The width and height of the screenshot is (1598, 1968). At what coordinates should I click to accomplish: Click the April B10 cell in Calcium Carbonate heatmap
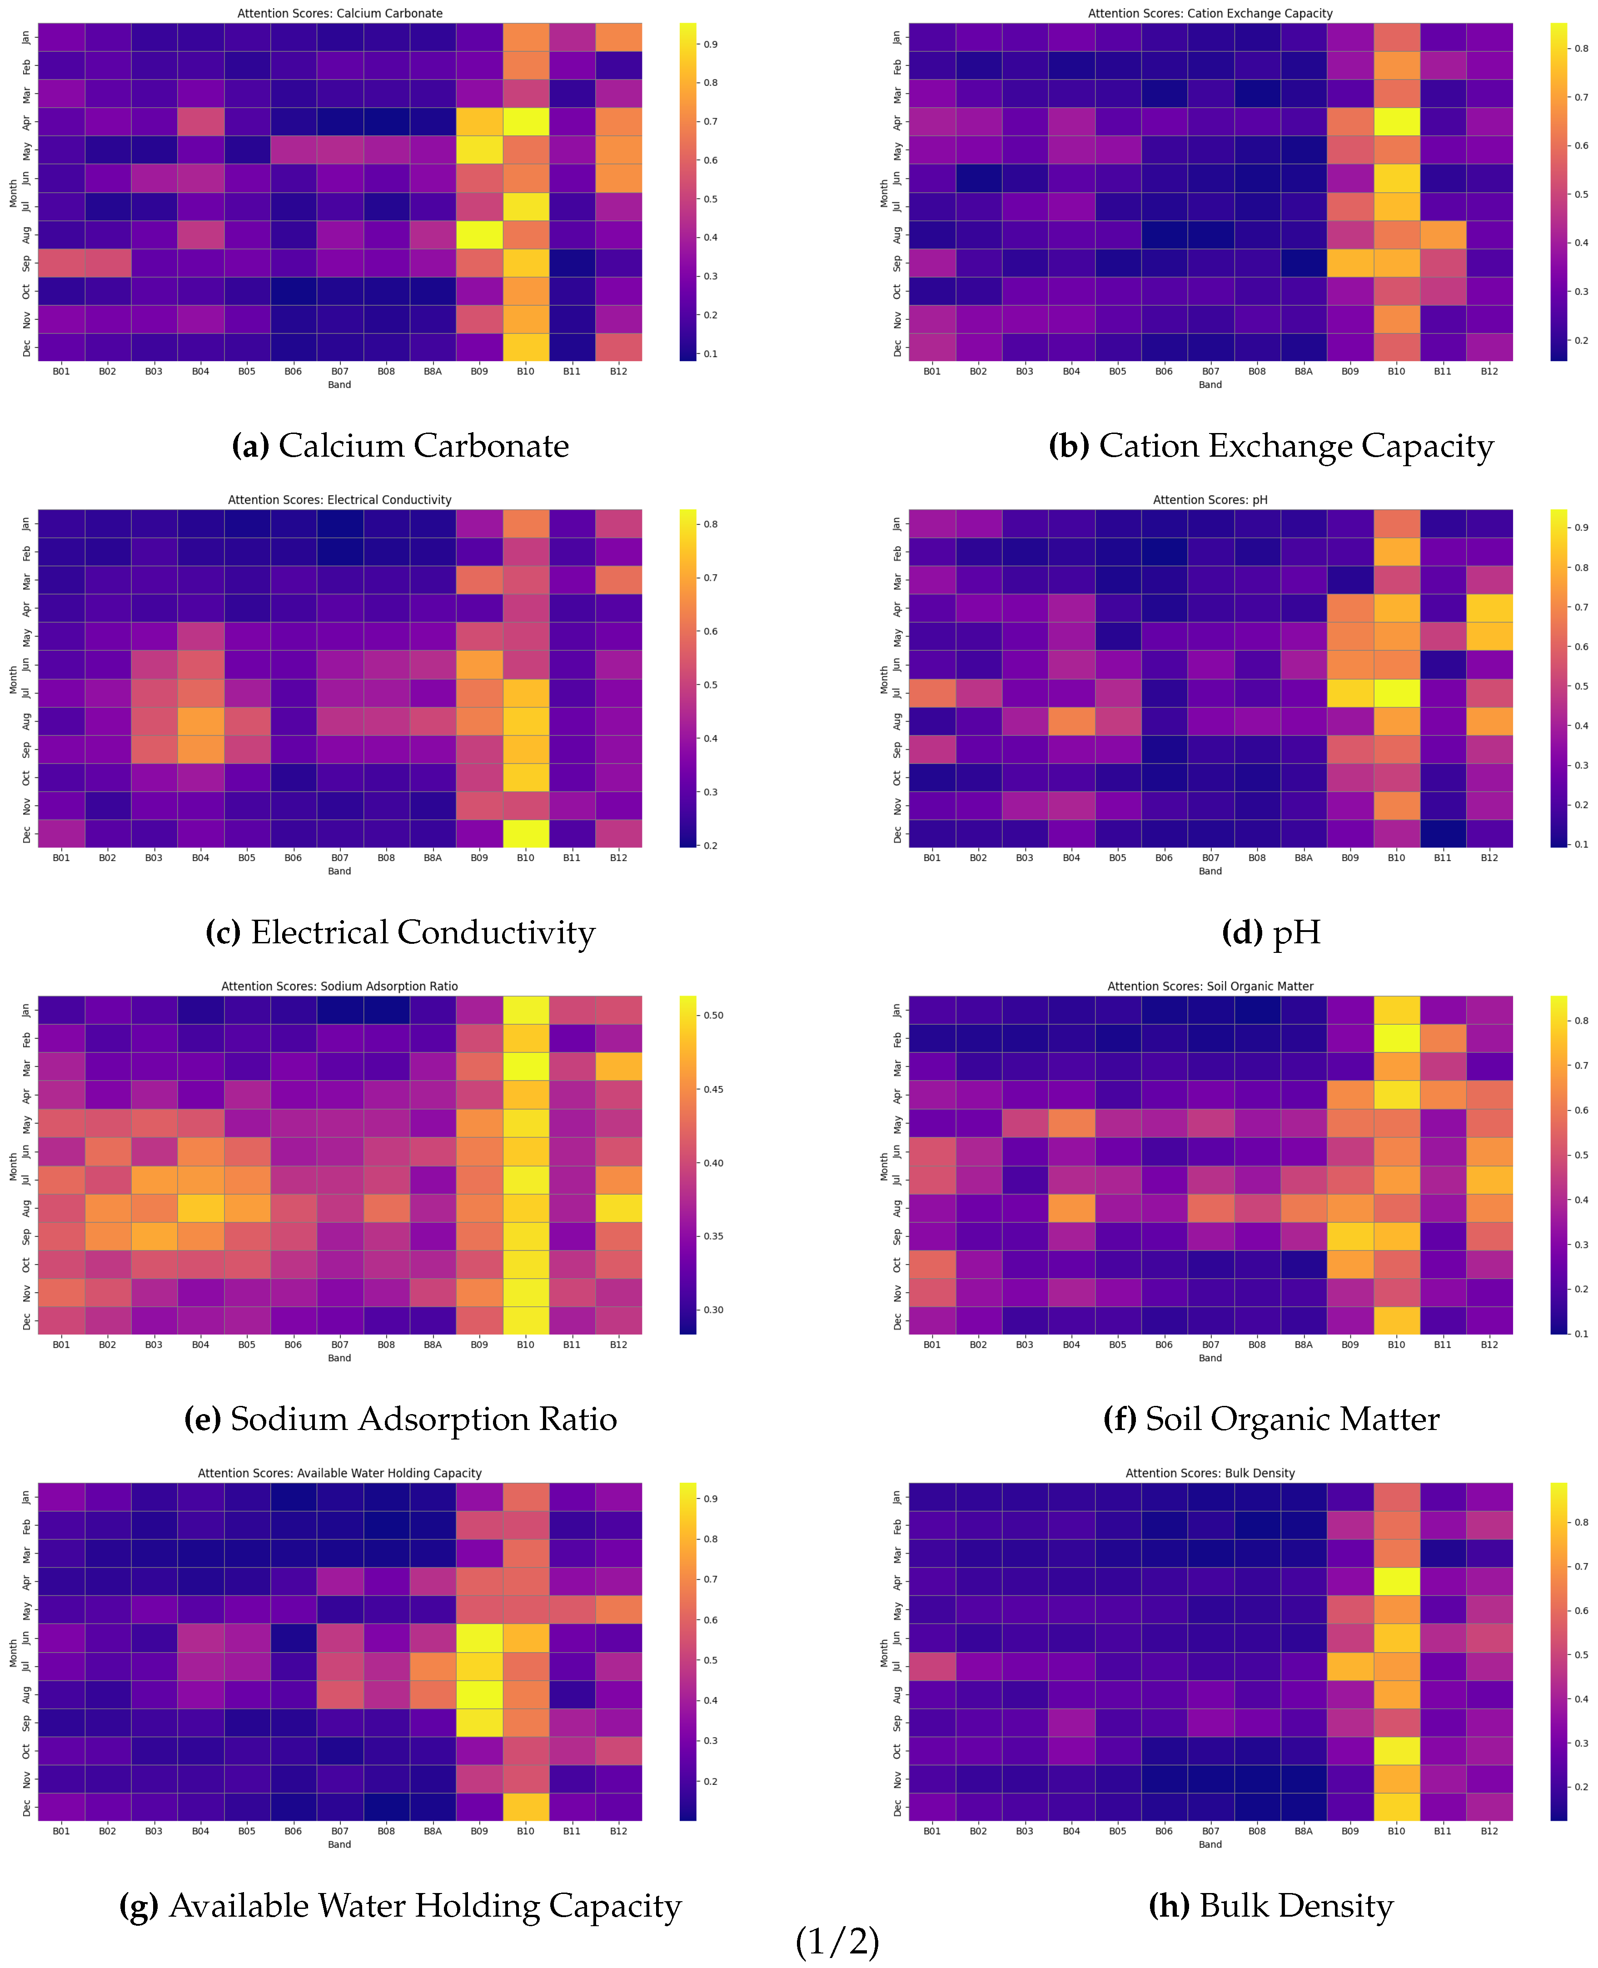click(526, 121)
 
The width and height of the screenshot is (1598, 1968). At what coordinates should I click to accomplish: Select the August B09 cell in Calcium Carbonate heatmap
click(478, 235)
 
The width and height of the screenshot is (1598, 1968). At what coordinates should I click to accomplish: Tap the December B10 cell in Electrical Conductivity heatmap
click(526, 833)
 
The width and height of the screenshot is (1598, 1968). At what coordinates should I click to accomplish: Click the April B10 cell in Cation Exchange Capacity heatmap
click(1396, 121)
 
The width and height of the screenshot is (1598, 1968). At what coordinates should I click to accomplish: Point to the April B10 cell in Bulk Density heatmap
click(1396, 1582)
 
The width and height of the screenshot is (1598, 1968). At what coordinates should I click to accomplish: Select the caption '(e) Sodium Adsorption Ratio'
click(400, 1419)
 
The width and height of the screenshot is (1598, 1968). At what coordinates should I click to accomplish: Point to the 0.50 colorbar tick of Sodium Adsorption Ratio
click(713, 1015)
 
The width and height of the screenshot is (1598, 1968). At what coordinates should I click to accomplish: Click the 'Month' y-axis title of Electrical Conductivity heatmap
click(13, 679)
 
